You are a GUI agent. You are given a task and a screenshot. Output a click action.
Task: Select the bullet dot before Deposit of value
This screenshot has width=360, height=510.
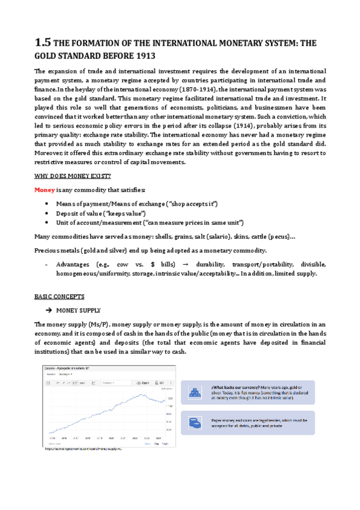pos(47,212)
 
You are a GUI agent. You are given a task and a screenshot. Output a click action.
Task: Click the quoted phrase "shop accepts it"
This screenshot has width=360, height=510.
pos(194,203)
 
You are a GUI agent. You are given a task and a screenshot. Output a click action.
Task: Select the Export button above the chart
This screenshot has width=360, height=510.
pos(142,382)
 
